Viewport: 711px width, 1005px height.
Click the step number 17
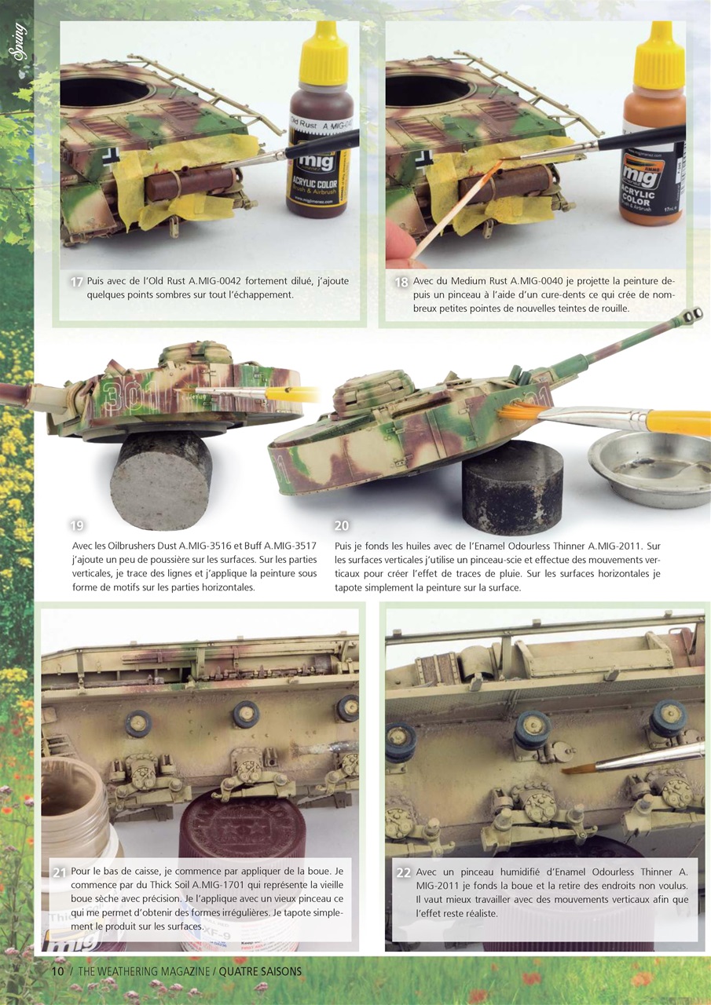coord(77,282)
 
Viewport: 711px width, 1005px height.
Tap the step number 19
coord(77,526)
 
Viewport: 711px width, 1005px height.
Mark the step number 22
coord(404,872)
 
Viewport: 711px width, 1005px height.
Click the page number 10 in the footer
coord(57,971)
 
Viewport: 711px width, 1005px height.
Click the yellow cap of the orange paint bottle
coord(658,57)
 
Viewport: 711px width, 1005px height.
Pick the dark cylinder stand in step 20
coord(511,487)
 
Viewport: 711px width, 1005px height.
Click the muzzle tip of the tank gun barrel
coord(692,316)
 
